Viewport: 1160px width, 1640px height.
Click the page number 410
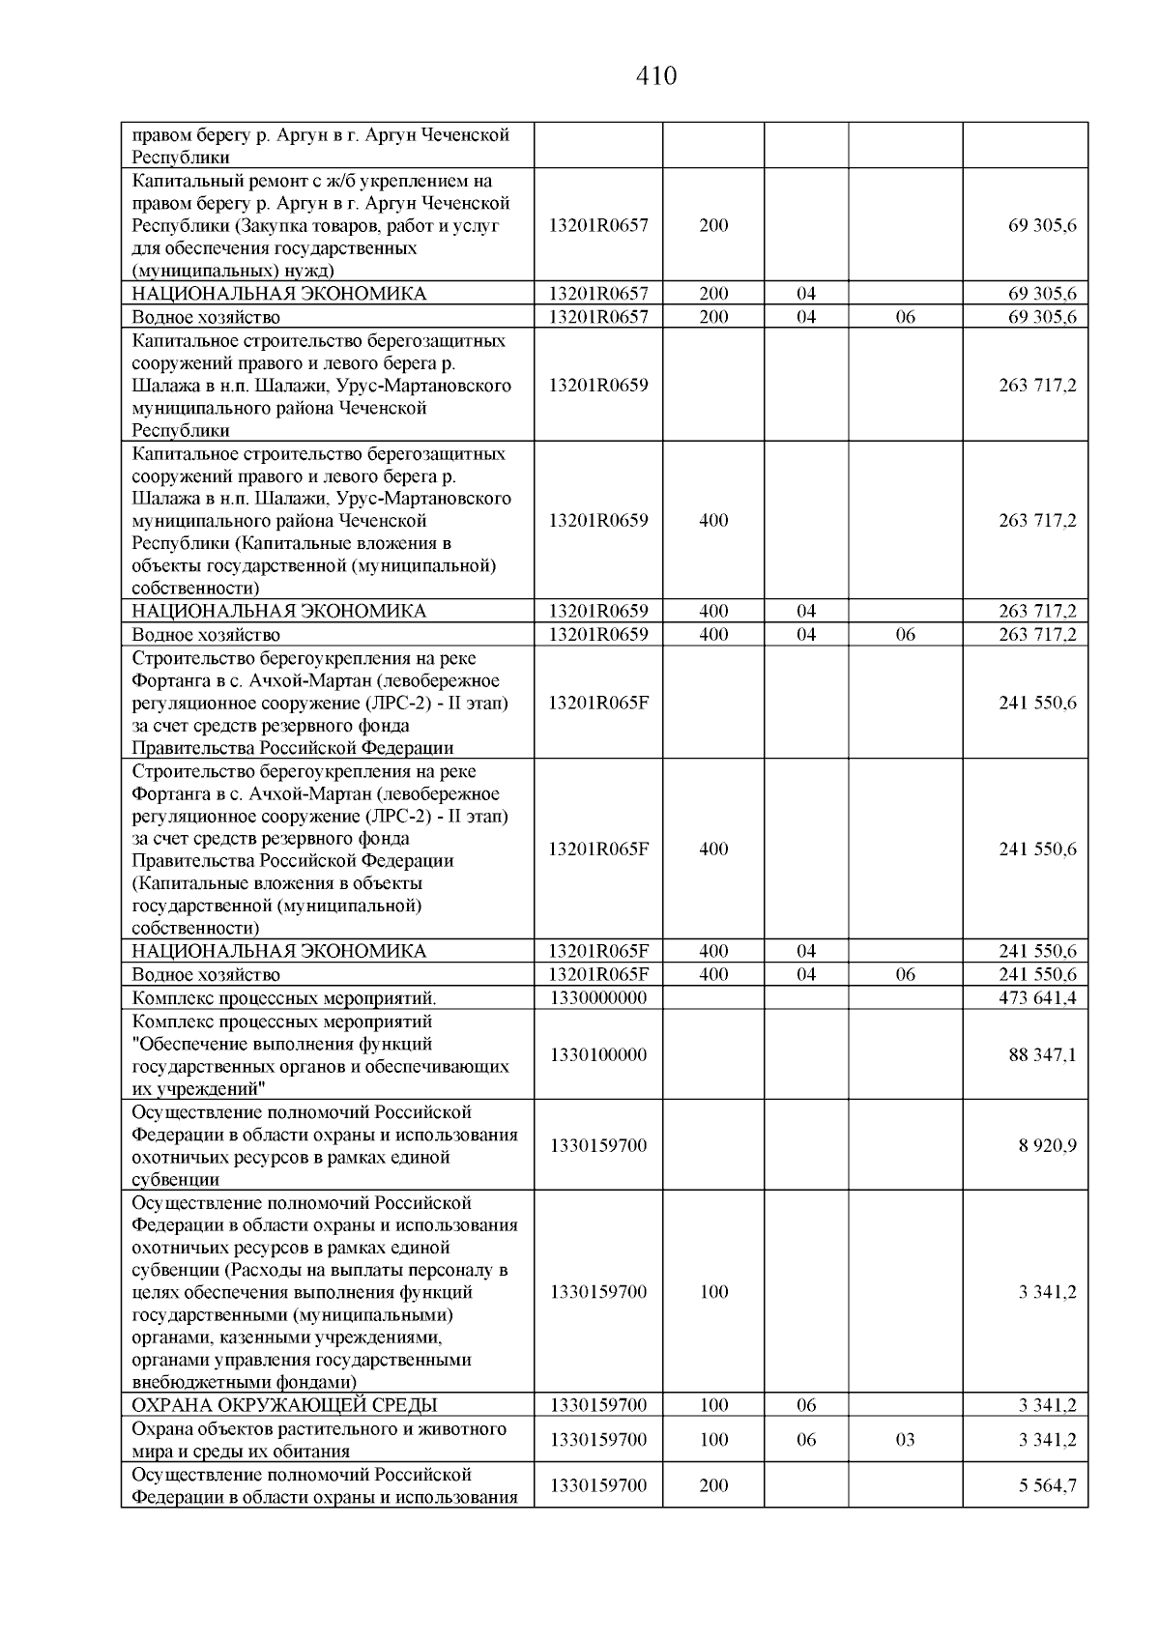(x=656, y=75)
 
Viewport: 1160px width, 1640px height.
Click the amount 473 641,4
(x=1037, y=998)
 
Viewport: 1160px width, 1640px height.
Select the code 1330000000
(x=597, y=998)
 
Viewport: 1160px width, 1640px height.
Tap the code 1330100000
(x=597, y=1054)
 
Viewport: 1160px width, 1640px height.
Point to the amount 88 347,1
(x=1042, y=1054)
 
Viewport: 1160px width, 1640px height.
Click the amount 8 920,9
(x=1047, y=1145)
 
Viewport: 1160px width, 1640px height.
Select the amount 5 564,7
(x=1047, y=1485)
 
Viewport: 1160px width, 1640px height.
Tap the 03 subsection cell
(x=905, y=1440)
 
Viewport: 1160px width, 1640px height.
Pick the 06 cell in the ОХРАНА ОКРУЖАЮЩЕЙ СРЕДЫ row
(x=806, y=1405)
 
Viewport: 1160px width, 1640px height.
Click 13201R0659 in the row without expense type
(x=597, y=385)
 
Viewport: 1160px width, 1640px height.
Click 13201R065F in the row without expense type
(x=597, y=703)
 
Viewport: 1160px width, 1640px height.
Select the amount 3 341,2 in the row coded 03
(x=1047, y=1440)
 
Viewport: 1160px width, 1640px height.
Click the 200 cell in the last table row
(x=713, y=1485)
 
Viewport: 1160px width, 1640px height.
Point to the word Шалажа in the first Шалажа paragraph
(x=163, y=386)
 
